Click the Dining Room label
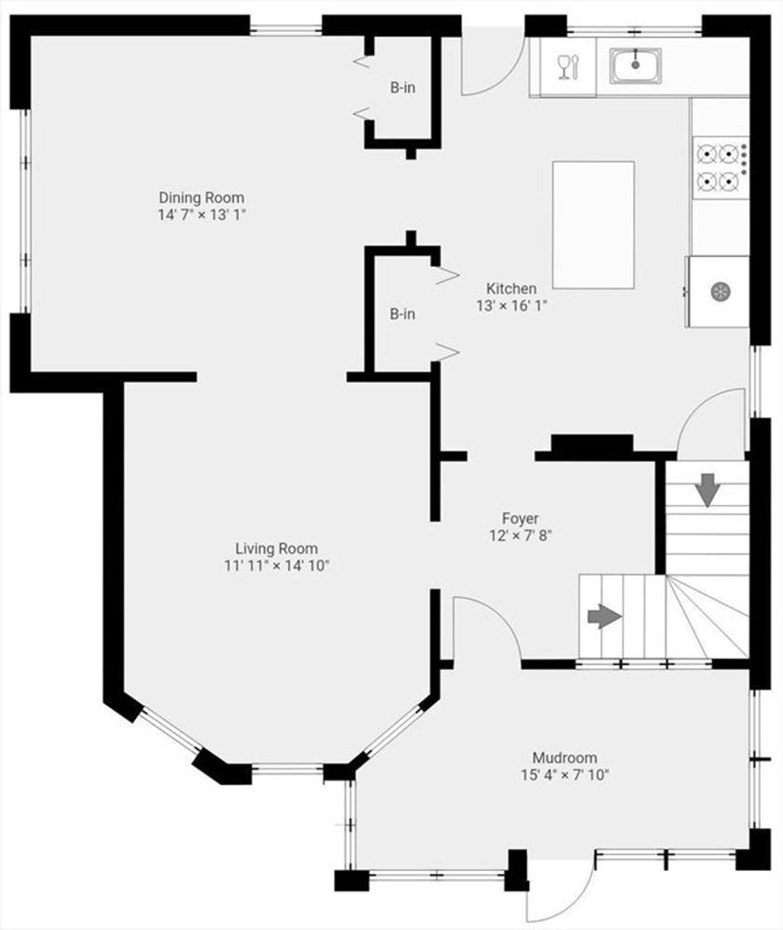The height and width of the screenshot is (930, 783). [x=201, y=197]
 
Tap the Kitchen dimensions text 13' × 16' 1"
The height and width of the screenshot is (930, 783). [x=512, y=306]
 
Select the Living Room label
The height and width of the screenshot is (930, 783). [x=277, y=548]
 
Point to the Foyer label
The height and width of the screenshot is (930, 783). [x=520, y=519]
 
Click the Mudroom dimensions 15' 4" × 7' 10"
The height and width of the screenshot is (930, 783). [x=565, y=775]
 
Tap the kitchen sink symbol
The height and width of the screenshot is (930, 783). [x=635, y=66]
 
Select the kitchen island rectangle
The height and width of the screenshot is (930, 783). [x=593, y=225]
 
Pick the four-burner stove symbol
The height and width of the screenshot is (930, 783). [x=720, y=167]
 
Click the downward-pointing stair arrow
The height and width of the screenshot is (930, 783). [x=707, y=490]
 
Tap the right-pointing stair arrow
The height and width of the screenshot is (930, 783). [x=604, y=616]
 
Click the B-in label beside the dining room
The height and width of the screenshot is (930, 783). [x=403, y=88]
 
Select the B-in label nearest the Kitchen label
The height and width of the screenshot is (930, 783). [x=403, y=314]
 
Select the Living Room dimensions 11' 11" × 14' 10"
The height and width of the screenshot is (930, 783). [x=277, y=566]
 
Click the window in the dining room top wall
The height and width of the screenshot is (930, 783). [x=285, y=30]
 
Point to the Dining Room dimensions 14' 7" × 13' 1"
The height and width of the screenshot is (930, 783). [x=202, y=215]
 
